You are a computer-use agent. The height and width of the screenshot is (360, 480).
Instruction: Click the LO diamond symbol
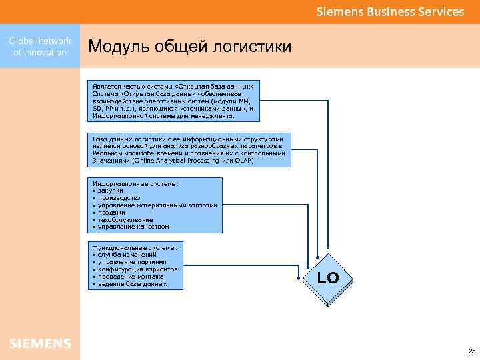(328, 279)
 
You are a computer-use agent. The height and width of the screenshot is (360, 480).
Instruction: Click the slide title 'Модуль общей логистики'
(190, 47)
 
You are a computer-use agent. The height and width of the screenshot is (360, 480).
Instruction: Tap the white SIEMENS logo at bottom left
(40, 343)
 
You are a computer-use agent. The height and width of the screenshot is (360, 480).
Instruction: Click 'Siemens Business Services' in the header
(390, 12)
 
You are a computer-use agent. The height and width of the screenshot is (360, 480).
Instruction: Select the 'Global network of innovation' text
(40, 47)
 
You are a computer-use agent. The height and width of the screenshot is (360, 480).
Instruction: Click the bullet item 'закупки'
(111, 190)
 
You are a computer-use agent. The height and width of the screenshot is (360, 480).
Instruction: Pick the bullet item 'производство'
(119, 197)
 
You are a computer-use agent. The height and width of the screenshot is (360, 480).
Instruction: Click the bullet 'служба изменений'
(127, 254)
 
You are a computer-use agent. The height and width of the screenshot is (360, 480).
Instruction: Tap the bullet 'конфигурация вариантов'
(137, 269)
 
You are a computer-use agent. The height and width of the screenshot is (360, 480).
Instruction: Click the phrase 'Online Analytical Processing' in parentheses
(179, 161)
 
